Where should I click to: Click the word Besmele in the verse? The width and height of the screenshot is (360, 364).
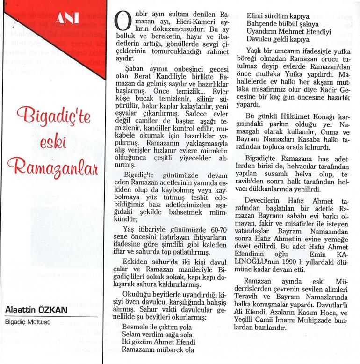134,328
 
